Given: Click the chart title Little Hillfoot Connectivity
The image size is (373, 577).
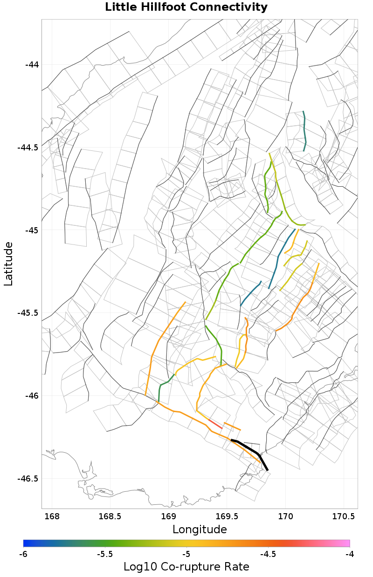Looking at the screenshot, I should pyautogui.click(x=186, y=7).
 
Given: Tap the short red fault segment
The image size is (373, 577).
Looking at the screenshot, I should pyautogui.click(x=215, y=423).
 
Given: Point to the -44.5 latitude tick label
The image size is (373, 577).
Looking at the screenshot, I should pyautogui.click(x=28, y=148).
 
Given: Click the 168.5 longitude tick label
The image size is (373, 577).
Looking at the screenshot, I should pyautogui.click(x=110, y=516).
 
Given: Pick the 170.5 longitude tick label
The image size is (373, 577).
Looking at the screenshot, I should pyautogui.click(x=343, y=516).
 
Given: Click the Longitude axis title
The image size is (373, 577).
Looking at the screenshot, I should pyautogui.click(x=200, y=529).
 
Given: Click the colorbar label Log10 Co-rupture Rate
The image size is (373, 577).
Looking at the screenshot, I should pyautogui.click(x=186, y=567).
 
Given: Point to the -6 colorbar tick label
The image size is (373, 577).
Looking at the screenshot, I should pyautogui.click(x=23, y=554).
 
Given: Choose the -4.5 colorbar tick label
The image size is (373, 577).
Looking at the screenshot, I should pyautogui.click(x=268, y=554).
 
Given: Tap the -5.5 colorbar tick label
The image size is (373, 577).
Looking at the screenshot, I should pyautogui.click(x=105, y=554).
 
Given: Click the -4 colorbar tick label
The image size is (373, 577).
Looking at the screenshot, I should pyautogui.click(x=349, y=554).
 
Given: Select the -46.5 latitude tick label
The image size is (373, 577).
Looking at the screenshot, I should pyautogui.click(x=28, y=479).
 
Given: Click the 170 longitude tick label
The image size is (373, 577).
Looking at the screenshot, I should pyautogui.click(x=285, y=516).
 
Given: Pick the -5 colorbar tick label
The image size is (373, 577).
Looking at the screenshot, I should pyautogui.click(x=186, y=554).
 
